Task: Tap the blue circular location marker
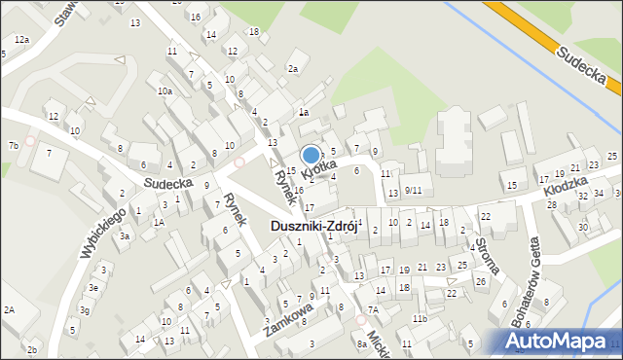tap(311, 155)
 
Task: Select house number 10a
tap(165, 91)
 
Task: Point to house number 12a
tap(21, 40)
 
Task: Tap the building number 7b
tap(13, 146)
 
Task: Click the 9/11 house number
tap(413, 190)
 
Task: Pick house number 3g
tap(85, 309)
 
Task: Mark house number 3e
tap(92, 288)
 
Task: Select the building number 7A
tap(372, 309)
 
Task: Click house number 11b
tap(420, 318)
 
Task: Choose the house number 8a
tap(361, 343)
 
